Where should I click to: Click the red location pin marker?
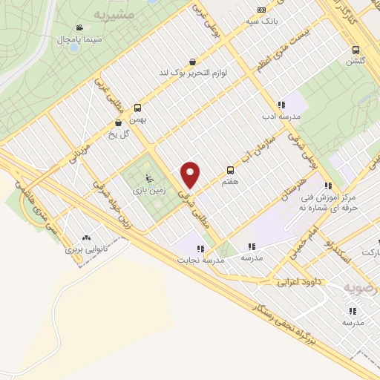point(191,174)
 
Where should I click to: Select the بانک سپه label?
point(261,21)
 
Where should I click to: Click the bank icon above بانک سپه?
point(261,10)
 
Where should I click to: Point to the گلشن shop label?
point(356,62)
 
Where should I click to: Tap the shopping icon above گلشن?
point(356,50)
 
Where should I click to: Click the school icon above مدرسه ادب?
point(281,105)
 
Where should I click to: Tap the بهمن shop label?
point(137,119)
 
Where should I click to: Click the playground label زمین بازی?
point(148,190)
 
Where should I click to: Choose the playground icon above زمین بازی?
point(148,178)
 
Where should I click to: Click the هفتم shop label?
point(230,181)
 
